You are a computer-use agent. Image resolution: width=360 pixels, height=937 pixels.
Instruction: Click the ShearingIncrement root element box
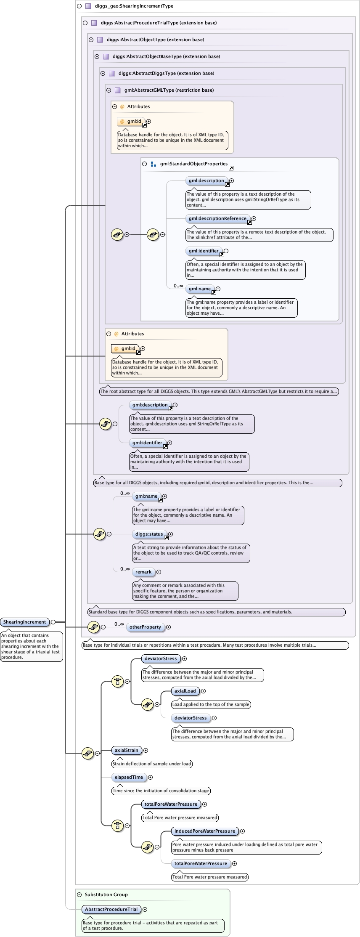click(x=25, y=622)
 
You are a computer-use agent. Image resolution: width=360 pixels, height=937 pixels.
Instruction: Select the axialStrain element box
click(x=126, y=750)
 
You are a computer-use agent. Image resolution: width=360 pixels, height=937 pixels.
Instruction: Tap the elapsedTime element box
click(x=129, y=777)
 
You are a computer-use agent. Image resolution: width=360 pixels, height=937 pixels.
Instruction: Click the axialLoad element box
click(x=185, y=691)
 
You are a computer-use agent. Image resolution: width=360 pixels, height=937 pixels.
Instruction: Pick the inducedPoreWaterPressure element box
click(x=204, y=831)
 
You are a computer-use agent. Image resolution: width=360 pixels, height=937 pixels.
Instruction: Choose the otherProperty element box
click(x=145, y=627)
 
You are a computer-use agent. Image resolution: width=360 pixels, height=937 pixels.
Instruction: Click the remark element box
click(x=143, y=572)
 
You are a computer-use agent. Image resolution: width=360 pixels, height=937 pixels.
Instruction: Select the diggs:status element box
click(x=149, y=534)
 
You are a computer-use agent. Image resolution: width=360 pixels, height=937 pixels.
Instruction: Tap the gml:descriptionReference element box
click(x=217, y=218)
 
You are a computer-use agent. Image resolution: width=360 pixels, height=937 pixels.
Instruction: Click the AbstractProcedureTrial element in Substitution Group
click(x=111, y=909)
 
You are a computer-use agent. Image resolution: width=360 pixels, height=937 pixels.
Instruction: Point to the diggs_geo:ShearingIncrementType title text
click(x=134, y=6)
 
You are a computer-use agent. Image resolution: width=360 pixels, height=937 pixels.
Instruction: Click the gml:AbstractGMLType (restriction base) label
click(x=169, y=90)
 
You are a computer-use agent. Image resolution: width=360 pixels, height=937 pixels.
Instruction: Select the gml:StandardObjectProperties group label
click(x=193, y=164)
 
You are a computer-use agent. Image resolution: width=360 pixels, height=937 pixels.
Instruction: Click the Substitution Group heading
click(x=106, y=895)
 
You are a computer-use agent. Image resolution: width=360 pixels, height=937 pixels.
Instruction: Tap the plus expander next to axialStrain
click(x=146, y=750)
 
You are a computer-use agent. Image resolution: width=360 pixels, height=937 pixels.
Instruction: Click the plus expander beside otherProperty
click(x=168, y=627)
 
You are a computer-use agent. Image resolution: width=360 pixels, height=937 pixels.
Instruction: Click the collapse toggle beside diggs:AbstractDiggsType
click(x=103, y=73)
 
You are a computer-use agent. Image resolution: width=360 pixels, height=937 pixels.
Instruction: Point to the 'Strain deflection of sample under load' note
click(x=152, y=764)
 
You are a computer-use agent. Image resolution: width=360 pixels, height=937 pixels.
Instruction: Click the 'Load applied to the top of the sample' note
click(x=211, y=704)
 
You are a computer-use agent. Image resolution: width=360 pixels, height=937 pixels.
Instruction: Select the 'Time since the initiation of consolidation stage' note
click(x=161, y=791)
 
